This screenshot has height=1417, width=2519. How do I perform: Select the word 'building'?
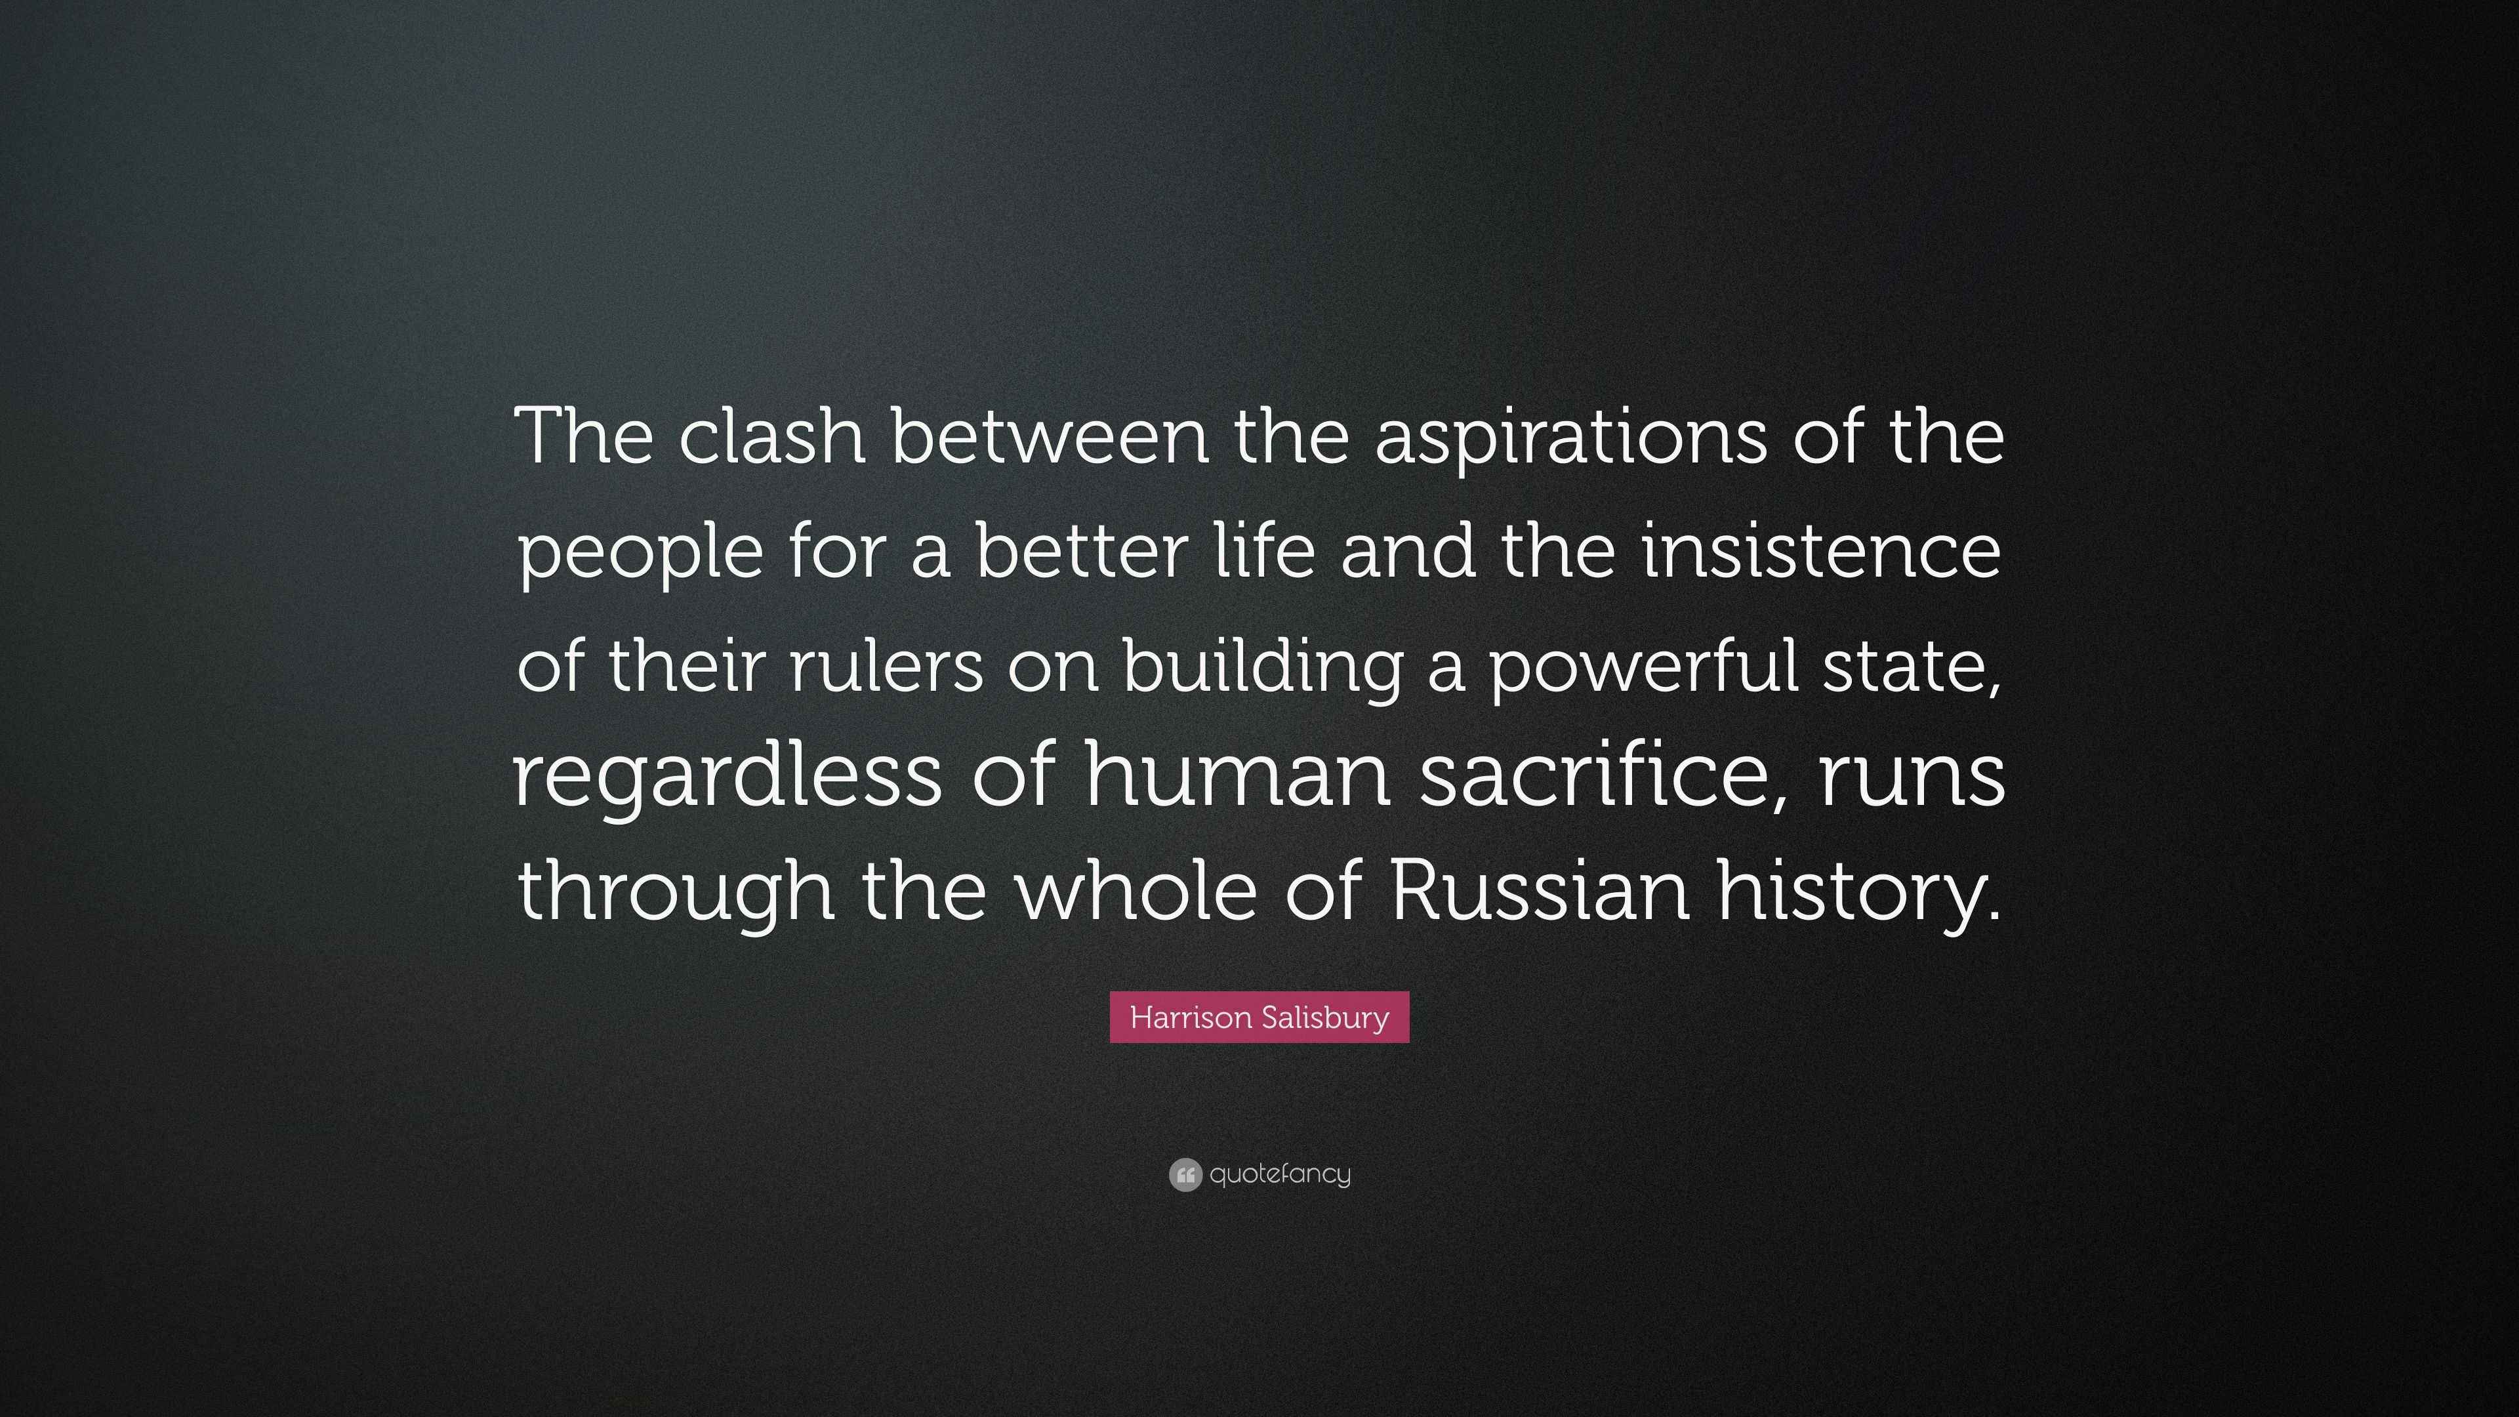click(x=1262, y=670)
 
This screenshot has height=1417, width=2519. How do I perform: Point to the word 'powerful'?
click(x=1645, y=670)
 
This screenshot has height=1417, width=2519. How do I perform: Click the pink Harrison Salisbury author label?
click(x=1259, y=1017)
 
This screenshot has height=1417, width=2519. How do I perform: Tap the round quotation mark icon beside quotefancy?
click(x=1185, y=1174)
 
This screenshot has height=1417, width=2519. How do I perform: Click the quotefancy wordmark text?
click(x=1280, y=1174)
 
